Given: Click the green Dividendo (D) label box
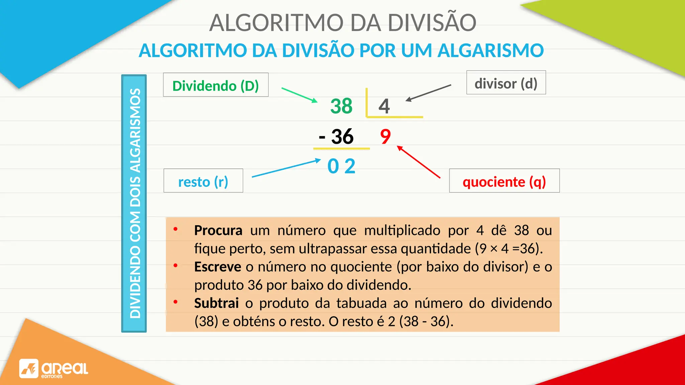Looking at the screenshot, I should click(216, 85).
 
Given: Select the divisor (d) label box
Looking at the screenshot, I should click(506, 83).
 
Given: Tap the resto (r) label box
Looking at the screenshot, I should click(203, 181).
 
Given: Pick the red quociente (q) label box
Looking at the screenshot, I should click(504, 181).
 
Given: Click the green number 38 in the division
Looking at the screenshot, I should click(341, 106).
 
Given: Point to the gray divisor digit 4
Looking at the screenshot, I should click(384, 106).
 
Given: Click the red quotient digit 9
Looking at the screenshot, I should click(385, 136).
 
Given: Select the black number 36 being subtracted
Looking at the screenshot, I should click(342, 136).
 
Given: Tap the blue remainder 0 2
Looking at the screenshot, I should click(341, 166).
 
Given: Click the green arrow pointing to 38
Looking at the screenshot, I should click(299, 95).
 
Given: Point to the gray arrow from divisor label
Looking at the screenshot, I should click(428, 93).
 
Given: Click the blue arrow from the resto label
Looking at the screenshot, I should click(286, 168).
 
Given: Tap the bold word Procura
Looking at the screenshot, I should click(218, 230).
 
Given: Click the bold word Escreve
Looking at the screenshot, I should click(217, 267).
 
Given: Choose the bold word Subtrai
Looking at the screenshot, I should click(216, 303).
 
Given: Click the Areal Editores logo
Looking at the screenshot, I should click(54, 369).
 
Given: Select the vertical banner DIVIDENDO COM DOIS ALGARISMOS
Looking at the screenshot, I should click(134, 203).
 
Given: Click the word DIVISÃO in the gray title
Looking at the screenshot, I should click(431, 23).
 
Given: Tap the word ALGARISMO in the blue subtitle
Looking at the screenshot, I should click(490, 50).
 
